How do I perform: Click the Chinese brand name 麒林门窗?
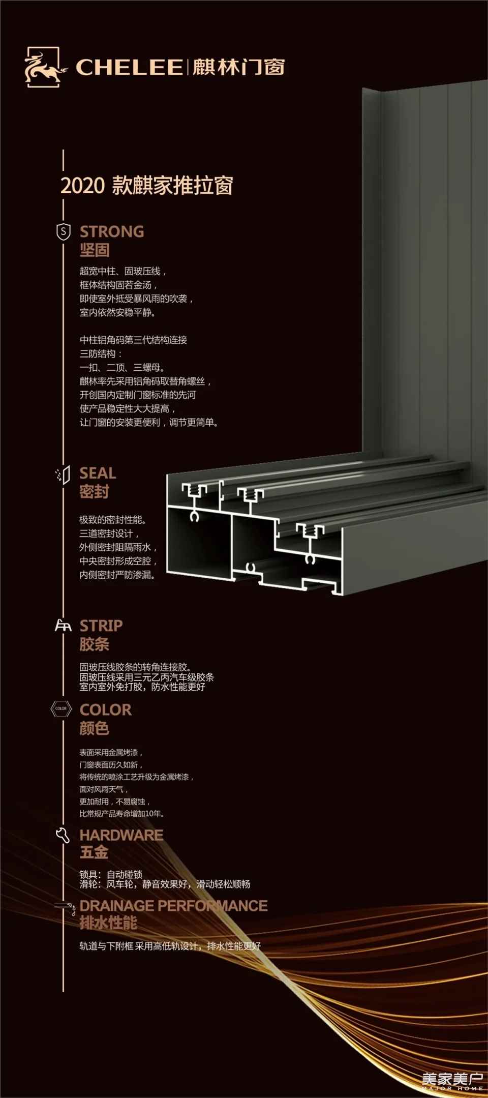(x=238, y=67)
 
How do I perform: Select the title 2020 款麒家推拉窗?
(x=147, y=186)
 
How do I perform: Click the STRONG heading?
(x=112, y=232)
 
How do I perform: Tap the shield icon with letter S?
(x=63, y=231)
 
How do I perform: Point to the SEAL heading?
(x=98, y=473)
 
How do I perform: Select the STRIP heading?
(x=101, y=626)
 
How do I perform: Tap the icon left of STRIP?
(x=63, y=626)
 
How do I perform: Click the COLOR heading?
(x=106, y=710)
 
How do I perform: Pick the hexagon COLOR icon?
(x=61, y=708)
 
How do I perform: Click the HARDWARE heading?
(x=121, y=835)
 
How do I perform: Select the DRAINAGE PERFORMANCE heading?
(x=173, y=906)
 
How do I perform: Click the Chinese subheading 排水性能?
(x=108, y=923)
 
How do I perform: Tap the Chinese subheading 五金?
(x=94, y=852)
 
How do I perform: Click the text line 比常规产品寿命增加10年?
(x=121, y=814)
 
